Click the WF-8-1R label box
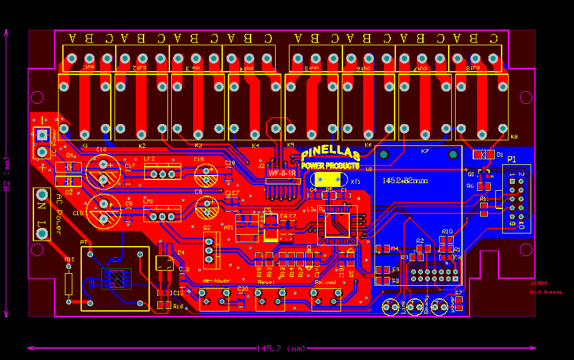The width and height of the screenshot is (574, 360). tap(283, 172)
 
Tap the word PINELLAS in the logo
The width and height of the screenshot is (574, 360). tap(330, 154)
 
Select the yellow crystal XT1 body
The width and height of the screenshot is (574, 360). tap(327, 181)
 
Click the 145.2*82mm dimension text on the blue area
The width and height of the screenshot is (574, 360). tap(405, 181)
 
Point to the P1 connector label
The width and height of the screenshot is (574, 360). tap(512, 159)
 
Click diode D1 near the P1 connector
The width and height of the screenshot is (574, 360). tap(483, 154)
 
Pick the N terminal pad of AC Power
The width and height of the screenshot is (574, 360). tap(42, 195)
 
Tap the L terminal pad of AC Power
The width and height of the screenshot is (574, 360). tap(42, 233)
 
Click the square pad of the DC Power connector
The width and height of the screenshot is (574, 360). tap(42, 134)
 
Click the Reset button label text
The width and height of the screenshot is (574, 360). tap(266, 283)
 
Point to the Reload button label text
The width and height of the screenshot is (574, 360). tap(325, 283)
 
